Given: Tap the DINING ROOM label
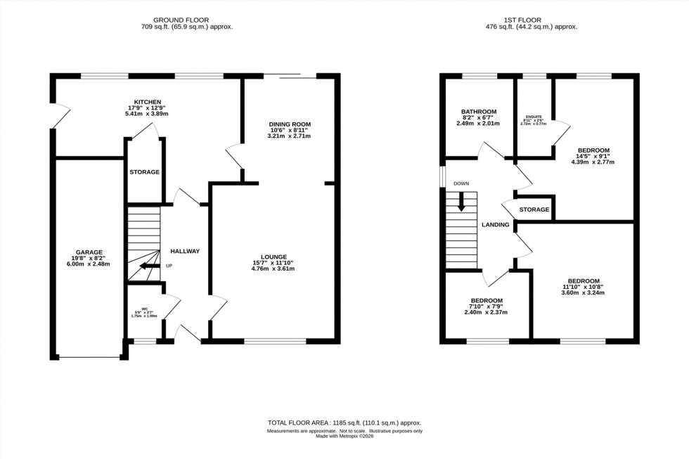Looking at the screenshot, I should [x=289, y=124].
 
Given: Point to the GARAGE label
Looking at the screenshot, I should [x=90, y=252].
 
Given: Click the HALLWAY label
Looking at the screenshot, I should [x=186, y=252].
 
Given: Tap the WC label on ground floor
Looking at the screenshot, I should [x=145, y=307].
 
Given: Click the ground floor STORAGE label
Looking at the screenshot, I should [x=144, y=172].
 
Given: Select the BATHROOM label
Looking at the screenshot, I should [x=479, y=112].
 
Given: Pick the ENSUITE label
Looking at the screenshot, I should [x=535, y=117].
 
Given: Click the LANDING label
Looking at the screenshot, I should [x=495, y=225].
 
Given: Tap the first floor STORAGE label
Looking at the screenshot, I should [x=534, y=210].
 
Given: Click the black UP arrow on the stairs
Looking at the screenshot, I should [x=148, y=266].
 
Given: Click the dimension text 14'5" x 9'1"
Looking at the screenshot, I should [x=594, y=156].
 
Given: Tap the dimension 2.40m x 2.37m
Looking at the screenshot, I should [x=486, y=312].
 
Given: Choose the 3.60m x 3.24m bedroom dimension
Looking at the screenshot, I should [x=583, y=292].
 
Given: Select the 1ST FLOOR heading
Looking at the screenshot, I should [x=541, y=20].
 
